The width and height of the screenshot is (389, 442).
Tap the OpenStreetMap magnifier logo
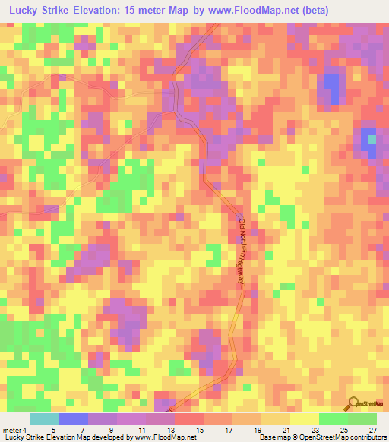coord(353,404)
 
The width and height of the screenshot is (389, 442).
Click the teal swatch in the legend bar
coord(44,418)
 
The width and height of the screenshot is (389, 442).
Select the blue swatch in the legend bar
coord(73,418)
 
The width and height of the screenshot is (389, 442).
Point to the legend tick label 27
coord(372,430)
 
